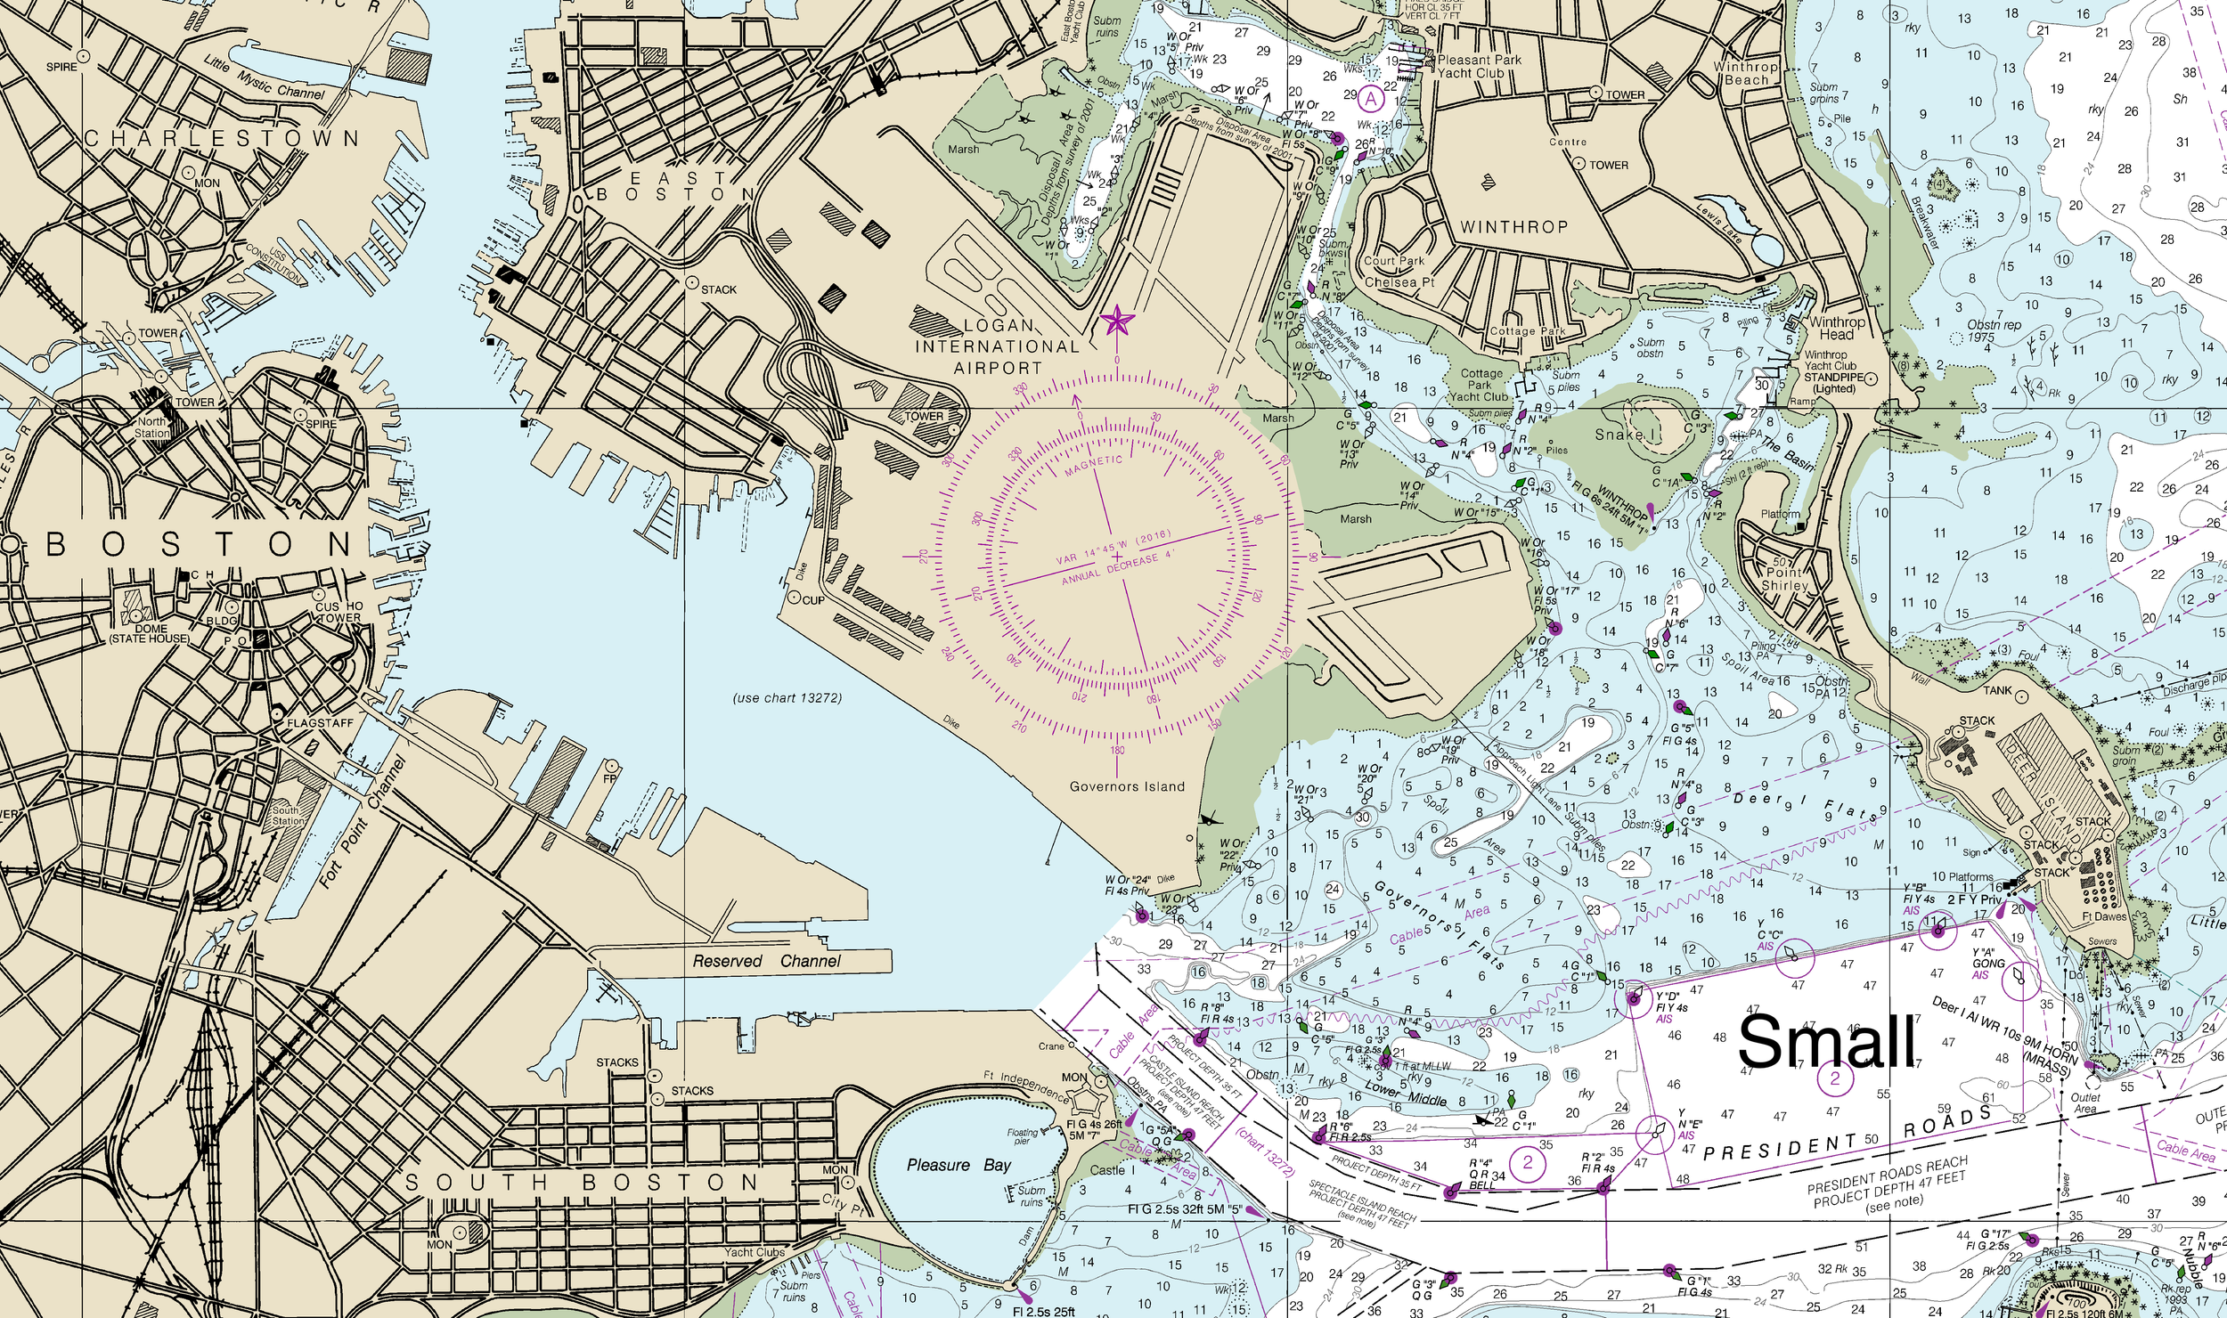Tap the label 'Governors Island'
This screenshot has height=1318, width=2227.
tap(1127, 786)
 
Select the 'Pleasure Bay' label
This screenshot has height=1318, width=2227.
tap(959, 1165)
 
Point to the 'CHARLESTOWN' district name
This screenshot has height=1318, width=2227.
tap(222, 139)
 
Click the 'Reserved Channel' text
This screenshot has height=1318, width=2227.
tap(766, 961)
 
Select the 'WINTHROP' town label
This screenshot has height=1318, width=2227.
tap(1513, 227)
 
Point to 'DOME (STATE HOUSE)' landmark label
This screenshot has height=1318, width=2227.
tap(150, 633)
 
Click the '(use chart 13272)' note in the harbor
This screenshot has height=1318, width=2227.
tap(787, 697)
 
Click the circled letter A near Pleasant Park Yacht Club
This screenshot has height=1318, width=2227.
tap(1371, 98)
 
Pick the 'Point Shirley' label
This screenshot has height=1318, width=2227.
tap(1783, 579)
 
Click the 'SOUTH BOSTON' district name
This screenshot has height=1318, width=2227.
tap(582, 1183)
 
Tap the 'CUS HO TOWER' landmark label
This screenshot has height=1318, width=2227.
tap(339, 612)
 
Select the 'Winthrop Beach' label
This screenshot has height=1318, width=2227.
tap(1746, 73)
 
